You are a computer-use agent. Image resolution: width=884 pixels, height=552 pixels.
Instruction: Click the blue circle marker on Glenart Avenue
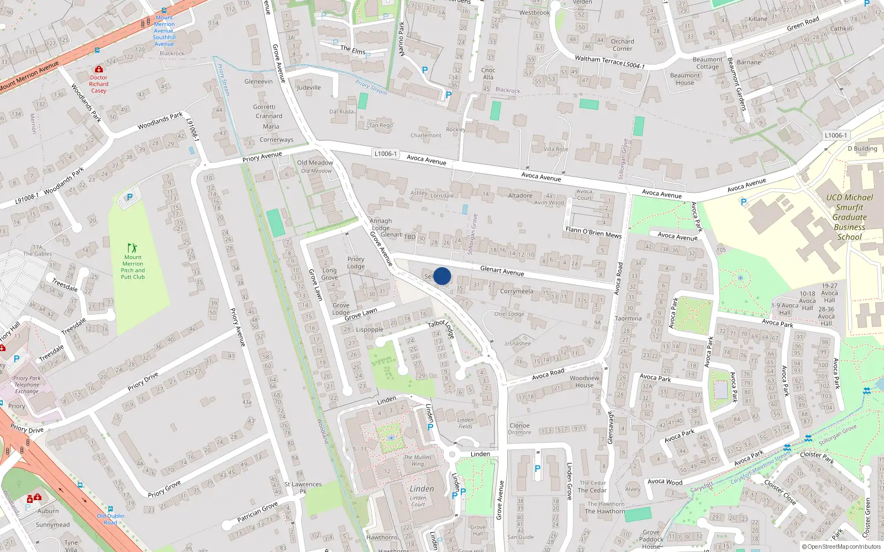pos(442,276)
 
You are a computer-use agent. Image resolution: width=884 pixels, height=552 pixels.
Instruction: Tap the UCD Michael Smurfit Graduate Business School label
pos(849,217)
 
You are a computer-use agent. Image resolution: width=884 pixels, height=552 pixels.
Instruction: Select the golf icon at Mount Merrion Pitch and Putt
pos(132,248)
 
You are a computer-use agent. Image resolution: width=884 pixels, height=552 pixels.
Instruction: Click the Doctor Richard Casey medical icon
pos(99,70)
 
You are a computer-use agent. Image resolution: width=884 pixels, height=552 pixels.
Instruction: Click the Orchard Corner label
pos(622,45)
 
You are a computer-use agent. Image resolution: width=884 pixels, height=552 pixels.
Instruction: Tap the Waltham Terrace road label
pos(609,61)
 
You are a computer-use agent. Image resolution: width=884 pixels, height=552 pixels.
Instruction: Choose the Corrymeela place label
pos(517,291)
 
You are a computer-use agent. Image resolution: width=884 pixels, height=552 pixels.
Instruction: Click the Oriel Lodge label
pos(509,314)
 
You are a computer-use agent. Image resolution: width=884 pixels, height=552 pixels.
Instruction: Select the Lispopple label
pos(370,330)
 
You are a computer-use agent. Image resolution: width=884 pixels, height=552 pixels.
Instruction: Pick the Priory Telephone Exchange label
pos(27,385)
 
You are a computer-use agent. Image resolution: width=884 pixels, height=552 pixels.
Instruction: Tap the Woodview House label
pos(585,381)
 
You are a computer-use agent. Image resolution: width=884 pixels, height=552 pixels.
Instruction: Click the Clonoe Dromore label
pos(519,428)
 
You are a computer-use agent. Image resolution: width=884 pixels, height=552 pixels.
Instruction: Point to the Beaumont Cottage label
pos(707,63)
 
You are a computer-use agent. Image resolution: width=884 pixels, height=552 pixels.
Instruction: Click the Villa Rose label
pos(556,149)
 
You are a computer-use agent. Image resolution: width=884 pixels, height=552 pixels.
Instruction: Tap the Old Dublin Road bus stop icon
pos(110,509)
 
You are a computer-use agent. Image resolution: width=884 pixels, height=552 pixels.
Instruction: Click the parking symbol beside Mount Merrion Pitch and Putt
pos(130,197)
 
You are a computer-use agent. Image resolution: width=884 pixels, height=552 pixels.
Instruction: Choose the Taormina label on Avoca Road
pos(628,319)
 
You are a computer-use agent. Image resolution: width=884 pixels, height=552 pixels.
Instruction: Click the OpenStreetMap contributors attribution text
pos(841,546)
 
